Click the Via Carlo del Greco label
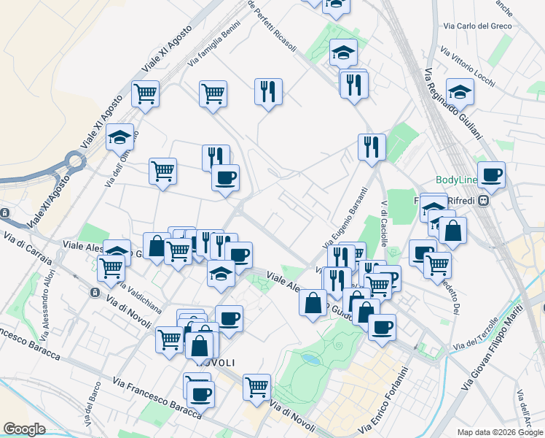(x=477, y=26)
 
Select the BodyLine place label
(x=457, y=180)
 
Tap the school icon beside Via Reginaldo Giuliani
(x=460, y=91)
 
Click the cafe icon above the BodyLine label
(x=492, y=174)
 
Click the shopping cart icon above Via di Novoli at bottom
(x=256, y=386)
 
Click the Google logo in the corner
(x=24, y=429)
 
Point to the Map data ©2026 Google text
(x=499, y=431)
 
